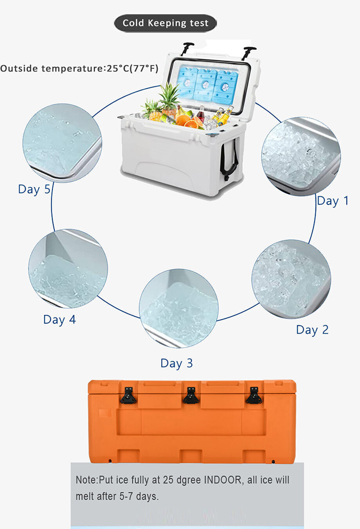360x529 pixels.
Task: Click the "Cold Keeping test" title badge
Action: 165,23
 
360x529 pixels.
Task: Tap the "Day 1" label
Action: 332,201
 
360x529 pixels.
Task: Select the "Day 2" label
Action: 312,330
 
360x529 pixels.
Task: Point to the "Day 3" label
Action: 176,363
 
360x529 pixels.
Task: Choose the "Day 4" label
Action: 59,319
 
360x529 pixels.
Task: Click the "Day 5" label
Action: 34,189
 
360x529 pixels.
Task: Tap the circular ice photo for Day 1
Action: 301,156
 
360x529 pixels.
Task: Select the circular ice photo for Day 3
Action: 178,308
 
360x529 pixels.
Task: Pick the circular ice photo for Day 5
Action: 62,143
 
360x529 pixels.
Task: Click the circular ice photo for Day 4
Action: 68,268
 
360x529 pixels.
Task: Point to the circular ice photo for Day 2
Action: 291,279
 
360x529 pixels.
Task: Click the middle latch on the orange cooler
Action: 191,396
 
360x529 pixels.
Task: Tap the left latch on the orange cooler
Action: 128,396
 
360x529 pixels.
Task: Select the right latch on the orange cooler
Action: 254,396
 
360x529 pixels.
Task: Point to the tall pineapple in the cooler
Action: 169,98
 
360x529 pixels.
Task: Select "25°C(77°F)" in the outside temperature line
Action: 133,69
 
